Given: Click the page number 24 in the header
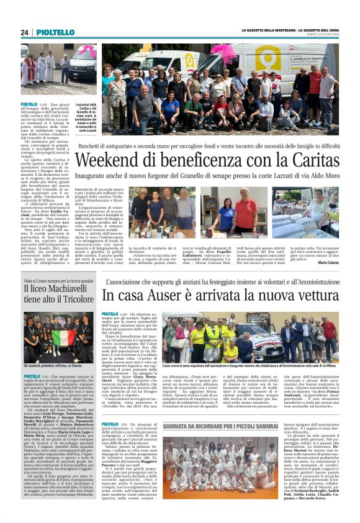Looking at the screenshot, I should [25, 32].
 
